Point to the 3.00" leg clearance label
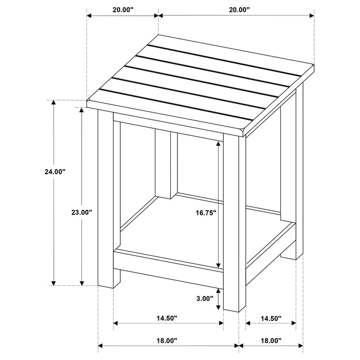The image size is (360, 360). [x=204, y=299]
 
